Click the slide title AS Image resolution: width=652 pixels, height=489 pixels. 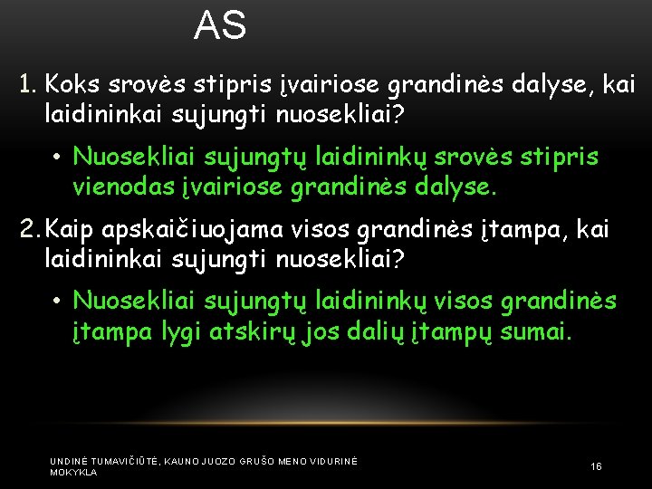[220, 25]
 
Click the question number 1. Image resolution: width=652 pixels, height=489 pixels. [27, 86]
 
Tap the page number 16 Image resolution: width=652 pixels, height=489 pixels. [596, 466]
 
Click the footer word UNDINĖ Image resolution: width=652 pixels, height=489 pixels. [69, 461]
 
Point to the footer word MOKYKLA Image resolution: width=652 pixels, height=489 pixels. [73, 473]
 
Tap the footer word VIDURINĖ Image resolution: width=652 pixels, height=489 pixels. [335, 461]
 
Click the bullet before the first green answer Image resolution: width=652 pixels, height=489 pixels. [56, 158]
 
